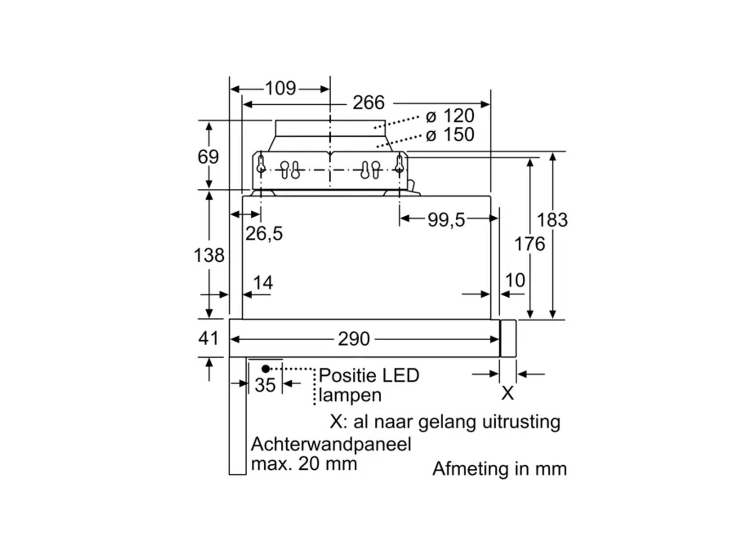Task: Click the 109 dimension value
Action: click(281, 88)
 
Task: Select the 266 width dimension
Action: click(368, 102)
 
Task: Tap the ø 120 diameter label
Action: click(450, 116)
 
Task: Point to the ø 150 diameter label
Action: click(450, 135)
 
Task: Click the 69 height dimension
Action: click(208, 157)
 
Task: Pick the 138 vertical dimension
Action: click(209, 255)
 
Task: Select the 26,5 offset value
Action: click(264, 234)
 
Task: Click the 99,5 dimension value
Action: click(446, 220)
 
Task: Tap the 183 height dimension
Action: click(552, 220)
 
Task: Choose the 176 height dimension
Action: click(529, 244)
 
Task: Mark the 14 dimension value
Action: click(263, 282)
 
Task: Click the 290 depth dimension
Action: click(354, 339)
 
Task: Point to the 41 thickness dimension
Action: click(209, 338)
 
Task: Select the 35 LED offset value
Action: click(265, 385)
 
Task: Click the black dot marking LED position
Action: click(266, 369)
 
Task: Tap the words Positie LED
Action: click(369, 375)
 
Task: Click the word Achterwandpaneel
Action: click(331, 444)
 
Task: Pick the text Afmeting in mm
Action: click(499, 469)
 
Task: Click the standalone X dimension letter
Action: click(507, 393)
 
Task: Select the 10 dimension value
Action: click(515, 280)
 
